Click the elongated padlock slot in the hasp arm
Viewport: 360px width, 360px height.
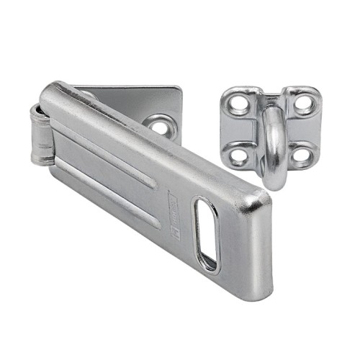coord(206,235)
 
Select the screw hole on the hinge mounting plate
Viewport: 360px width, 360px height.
coord(160,126)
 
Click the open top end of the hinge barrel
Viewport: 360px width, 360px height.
coord(36,111)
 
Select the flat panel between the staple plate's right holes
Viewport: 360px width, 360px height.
coord(303,129)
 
